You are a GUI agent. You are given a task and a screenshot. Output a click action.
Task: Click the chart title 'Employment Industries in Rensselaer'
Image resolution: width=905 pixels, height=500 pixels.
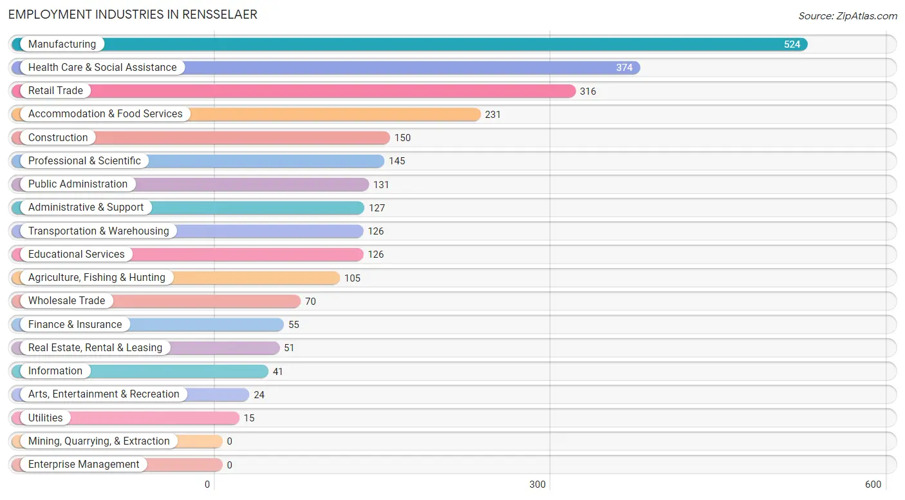[133, 15]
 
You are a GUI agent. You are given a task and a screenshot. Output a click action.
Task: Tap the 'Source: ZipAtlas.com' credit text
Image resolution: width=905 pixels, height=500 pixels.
[848, 15]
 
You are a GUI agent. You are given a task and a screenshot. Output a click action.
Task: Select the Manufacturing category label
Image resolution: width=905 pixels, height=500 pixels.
[62, 44]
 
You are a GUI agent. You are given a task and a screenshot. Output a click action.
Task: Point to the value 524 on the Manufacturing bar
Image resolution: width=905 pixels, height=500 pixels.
[792, 44]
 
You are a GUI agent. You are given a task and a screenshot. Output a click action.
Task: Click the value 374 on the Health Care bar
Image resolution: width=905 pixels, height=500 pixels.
[624, 68]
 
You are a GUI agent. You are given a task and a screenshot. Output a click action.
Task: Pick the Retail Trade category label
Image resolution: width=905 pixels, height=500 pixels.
[55, 91]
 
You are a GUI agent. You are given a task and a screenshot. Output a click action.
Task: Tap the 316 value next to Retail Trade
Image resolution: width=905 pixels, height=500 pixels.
[588, 91]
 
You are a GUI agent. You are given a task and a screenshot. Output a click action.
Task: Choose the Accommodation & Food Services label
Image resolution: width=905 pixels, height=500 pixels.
[105, 113]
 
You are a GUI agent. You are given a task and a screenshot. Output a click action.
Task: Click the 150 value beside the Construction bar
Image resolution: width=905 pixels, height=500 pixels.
[402, 138]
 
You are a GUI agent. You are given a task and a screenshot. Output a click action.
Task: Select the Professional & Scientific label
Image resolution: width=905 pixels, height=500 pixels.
[84, 160]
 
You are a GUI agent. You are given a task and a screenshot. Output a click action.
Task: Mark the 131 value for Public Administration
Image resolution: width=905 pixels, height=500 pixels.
[381, 185]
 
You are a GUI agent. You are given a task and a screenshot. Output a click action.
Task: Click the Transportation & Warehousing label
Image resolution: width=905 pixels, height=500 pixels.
[98, 231]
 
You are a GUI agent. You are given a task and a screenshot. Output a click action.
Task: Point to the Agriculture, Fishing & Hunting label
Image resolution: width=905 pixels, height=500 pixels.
[97, 278]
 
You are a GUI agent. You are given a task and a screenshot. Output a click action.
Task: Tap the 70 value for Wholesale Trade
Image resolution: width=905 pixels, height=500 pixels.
[310, 302]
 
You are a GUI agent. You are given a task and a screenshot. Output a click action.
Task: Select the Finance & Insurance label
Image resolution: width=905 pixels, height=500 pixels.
[75, 325]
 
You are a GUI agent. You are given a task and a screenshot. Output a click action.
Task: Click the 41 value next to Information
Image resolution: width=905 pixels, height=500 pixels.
[277, 371]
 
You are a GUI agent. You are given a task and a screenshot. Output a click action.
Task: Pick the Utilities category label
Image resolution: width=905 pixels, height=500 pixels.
[45, 418]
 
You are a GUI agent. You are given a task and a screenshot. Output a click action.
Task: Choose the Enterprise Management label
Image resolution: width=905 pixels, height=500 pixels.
[84, 465]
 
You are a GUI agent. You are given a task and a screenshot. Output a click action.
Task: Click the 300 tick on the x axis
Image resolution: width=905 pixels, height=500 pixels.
[537, 485]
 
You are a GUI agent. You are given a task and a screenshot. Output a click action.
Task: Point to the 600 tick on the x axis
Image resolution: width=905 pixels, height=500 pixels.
[873, 485]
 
